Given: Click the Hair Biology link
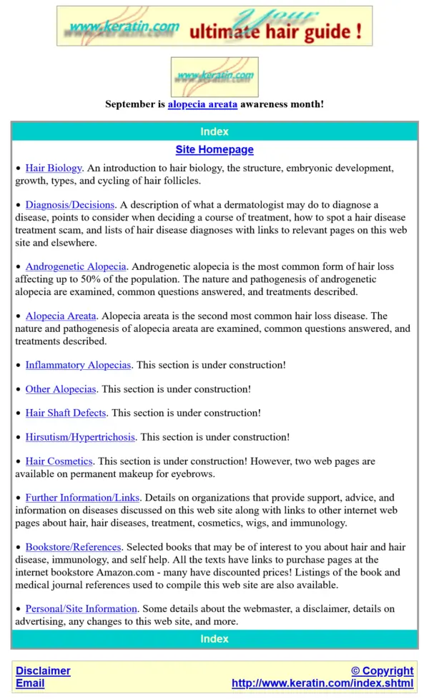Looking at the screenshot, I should pos(54,169).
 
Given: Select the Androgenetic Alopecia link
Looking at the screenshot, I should pos(76,267).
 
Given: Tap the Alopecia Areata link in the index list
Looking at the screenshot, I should pos(61,316).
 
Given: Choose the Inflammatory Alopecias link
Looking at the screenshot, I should pos(78,365).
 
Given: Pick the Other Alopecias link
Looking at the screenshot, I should pos(61,389).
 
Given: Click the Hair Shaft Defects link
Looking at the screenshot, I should pos(66,413).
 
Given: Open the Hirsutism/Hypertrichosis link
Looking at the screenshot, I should pos(81,437).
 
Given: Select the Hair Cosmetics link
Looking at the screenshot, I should pos(59,461).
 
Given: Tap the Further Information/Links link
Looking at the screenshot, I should pos(83,498).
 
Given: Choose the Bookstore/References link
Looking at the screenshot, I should pos(74,548).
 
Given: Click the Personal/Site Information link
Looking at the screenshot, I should pos(81,609).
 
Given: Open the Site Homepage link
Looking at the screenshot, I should pos(214,150).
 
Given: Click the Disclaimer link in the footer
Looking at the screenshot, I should pos(44,671).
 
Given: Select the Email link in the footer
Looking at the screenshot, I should pos(30,683).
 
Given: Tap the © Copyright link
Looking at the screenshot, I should pos(382,671).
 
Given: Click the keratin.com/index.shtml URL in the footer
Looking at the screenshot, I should pos(322,683).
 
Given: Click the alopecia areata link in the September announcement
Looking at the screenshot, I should pos(202,104).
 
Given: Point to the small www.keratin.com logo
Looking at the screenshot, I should pos(214,76).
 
